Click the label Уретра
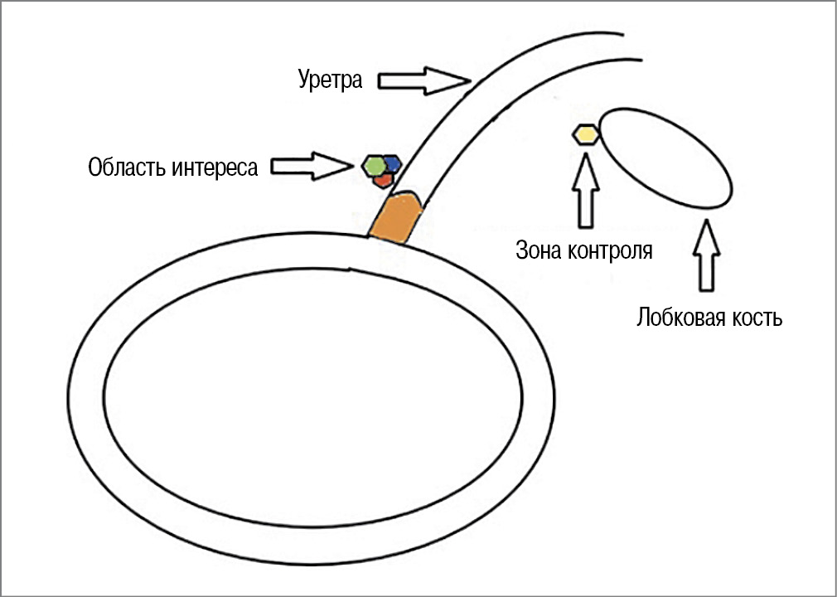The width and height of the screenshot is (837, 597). coord(330,80)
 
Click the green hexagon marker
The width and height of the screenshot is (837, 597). coord(375,165)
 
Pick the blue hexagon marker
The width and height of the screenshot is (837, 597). coord(391,164)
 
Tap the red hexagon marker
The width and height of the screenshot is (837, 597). coord(383,177)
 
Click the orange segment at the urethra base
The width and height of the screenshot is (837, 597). coord(394,217)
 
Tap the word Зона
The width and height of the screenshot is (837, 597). coord(538,250)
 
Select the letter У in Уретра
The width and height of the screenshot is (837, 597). coord(304,80)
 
